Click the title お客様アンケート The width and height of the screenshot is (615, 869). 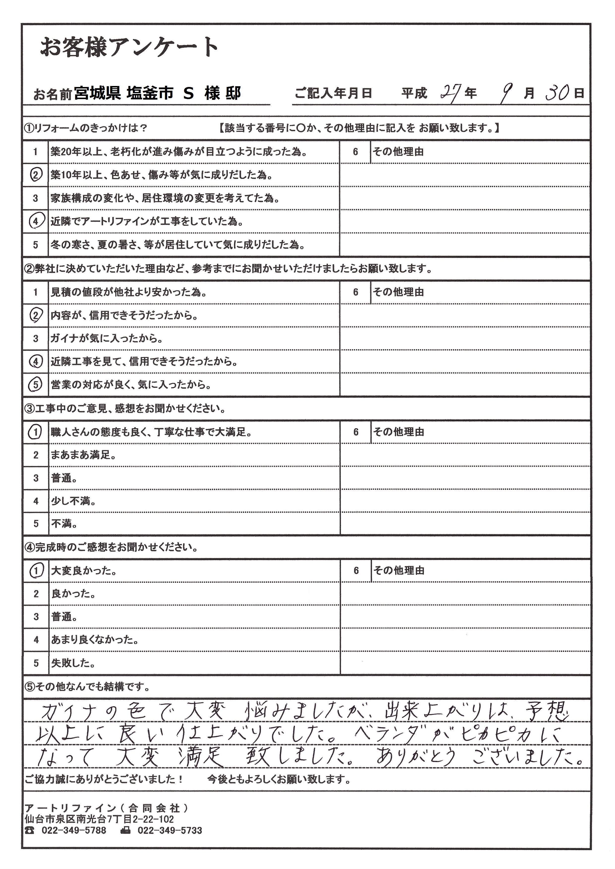(129, 48)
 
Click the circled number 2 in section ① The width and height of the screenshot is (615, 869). (36, 175)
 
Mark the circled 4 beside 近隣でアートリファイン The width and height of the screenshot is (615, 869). (36, 222)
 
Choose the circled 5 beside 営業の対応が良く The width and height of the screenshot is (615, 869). (36, 385)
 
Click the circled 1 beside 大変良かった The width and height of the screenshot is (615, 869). (36, 571)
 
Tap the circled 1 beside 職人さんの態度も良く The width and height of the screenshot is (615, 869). (36, 432)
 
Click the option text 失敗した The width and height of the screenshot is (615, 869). (73, 663)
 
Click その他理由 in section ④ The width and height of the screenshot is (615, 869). (399, 571)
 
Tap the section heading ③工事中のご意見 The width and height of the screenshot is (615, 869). (125, 409)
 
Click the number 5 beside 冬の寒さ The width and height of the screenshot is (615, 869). (36, 245)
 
